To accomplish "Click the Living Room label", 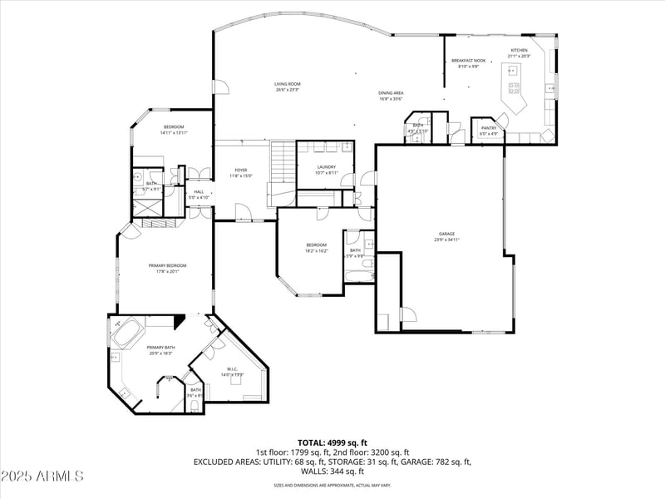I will pyautogui.click(x=288, y=84).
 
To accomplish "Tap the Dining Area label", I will pyautogui.click(x=391, y=93).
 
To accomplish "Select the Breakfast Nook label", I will pyautogui.click(x=468, y=61).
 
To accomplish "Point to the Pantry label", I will pyautogui.click(x=488, y=127).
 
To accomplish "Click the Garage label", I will pyautogui.click(x=446, y=234).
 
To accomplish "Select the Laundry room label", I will pyautogui.click(x=326, y=166).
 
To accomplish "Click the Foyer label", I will pyautogui.click(x=240, y=170).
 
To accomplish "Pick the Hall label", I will pyautogui.click(x=199, y=192).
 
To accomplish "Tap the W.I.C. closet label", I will pyautogui.click(x=232, y=369).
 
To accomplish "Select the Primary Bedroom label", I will pyautogui.click(x=167, y=265).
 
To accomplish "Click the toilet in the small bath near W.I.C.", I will pyautogui.click(x=194, y=405).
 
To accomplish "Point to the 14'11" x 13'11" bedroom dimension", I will pyautogui.click(x=174, y=132).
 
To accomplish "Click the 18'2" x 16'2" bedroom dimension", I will pyautogui.click(x=317, y=250).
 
